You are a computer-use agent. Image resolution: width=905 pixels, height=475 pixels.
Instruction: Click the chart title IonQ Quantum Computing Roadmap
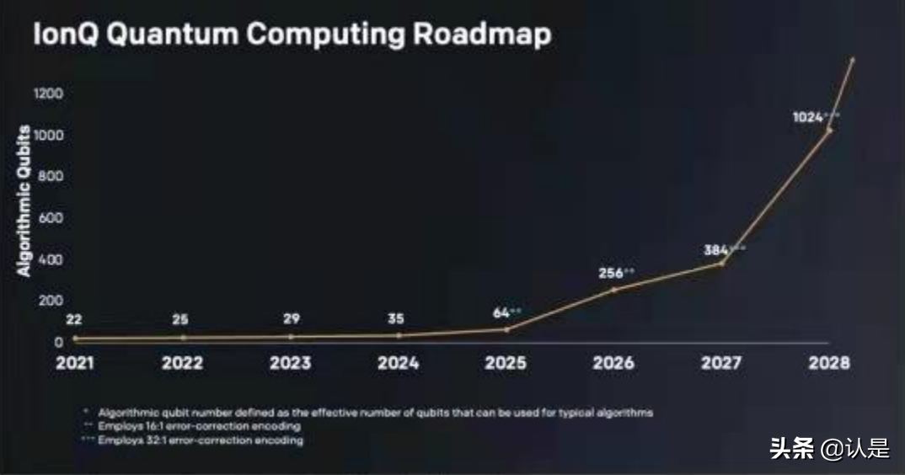pos(292,35)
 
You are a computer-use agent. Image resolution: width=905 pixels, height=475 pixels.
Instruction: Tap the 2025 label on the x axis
pos(506,363)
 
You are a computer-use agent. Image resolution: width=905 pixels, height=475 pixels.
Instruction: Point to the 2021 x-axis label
pos(75,363)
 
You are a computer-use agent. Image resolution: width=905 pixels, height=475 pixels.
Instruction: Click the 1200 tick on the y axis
pos(48,93)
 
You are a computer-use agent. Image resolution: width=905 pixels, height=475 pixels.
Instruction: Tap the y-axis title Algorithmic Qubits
pos(24,200)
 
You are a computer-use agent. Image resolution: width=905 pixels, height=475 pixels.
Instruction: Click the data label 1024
pos(807,117)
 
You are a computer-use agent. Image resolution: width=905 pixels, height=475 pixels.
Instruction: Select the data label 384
pos(716,250)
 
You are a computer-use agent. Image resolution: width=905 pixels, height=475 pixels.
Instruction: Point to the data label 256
pos(611,273)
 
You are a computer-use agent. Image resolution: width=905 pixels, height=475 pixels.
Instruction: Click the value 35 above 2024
pos(397,319)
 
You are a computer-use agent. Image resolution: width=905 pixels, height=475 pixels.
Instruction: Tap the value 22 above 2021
pos(75,319)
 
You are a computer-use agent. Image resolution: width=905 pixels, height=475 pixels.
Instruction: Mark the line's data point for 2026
pos(613,290)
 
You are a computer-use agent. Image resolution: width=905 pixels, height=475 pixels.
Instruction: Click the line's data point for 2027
pos(721,264)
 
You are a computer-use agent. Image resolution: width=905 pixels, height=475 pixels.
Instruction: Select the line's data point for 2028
pos(829,131)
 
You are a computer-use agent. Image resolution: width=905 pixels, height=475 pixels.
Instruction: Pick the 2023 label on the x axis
pos(290,363)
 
